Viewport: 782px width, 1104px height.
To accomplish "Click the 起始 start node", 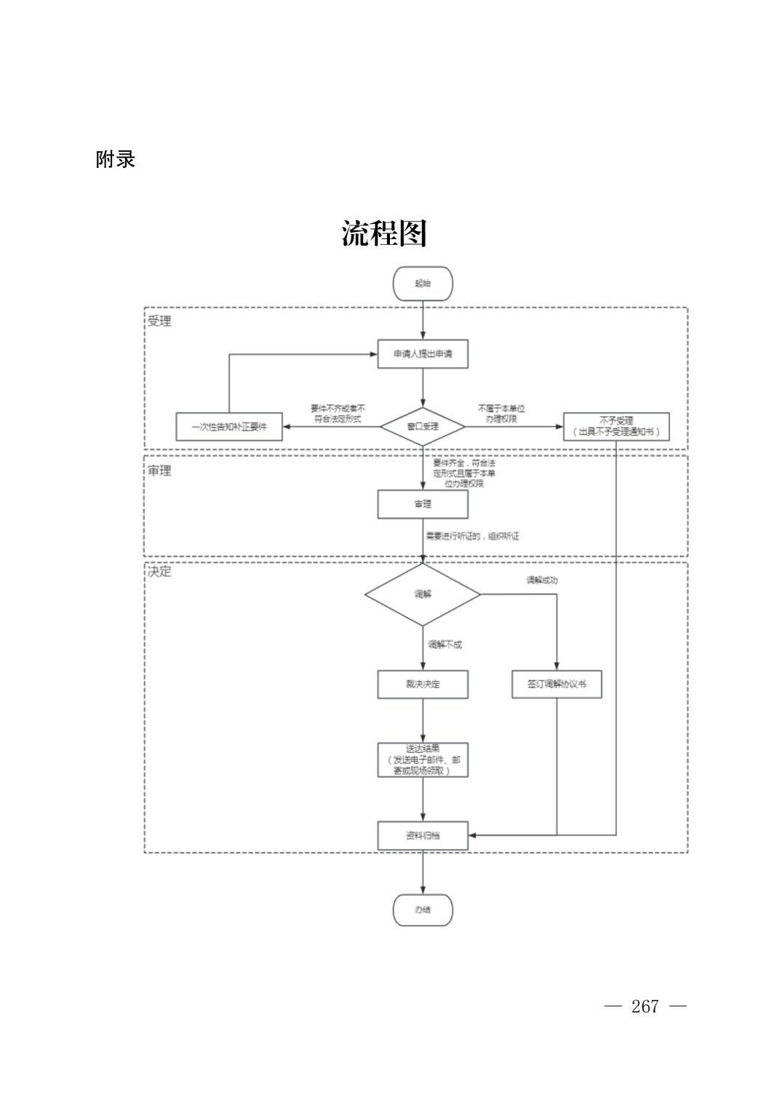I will coord(422,283).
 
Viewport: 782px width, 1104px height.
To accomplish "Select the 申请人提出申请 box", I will coord(422,354).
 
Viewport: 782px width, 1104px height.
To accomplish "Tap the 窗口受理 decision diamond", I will coord(422,427).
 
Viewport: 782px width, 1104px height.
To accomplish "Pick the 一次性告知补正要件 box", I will coord(229,427).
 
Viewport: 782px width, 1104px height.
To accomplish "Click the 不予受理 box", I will coord(615,427).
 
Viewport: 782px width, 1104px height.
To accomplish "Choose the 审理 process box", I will coord(422,504).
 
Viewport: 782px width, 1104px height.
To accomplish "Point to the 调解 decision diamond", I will coord(422,595).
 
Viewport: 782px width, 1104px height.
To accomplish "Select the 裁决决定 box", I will coord(422,684).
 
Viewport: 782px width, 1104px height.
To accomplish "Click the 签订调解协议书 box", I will coord(556,684).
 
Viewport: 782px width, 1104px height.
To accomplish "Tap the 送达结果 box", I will coord(422,759).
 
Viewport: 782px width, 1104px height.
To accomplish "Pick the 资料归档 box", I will coord(422,835).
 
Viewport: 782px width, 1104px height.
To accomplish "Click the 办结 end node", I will coord(422,910).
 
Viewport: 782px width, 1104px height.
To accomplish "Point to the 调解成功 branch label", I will coord(542,580).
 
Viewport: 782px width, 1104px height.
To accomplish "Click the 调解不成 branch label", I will coord(444,645).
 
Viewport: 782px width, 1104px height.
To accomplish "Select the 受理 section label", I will coord(160,321).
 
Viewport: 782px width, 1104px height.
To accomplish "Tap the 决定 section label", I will coord(160,572).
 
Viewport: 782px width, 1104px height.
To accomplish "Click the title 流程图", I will coord(384,233).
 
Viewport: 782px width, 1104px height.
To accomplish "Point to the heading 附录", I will coord(116,160).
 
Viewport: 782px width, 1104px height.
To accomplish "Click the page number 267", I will coord(645,1007).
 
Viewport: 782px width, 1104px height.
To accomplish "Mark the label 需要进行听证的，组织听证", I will coord(473,536).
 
